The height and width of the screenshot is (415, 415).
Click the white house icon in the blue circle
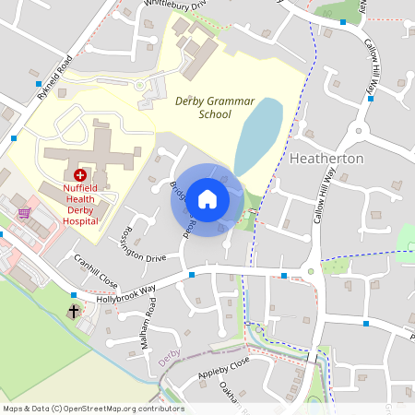(x=207, y=198)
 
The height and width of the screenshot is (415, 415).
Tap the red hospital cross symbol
(x=80, y=174)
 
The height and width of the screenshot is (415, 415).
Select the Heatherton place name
(x=326, y=159)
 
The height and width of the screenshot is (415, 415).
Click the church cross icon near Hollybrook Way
(x=73, y=312)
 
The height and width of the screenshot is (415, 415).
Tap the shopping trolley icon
(x=24, y=212)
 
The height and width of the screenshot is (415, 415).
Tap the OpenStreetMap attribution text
(x=93, y=409)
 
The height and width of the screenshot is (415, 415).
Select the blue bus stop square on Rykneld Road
(x=14, y=138)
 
